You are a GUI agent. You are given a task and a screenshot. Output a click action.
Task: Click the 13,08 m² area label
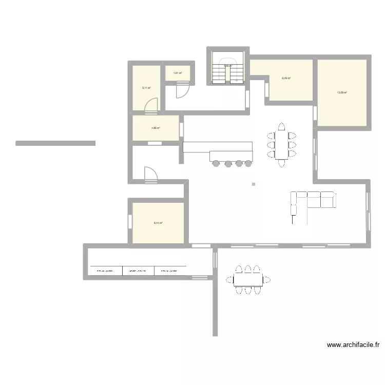(x=342, y=93)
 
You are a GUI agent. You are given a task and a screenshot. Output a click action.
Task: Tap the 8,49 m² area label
(x=286, y=79)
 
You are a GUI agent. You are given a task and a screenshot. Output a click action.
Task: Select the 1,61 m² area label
(x=178, y=73)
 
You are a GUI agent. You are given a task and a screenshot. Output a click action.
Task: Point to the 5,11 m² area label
(x=146, y=88)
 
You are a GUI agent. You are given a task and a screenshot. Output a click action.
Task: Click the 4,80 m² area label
(x=156, y=128)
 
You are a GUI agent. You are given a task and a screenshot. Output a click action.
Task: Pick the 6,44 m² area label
(x=158, y=223)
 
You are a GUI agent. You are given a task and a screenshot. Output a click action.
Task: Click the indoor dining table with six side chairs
(x=281, y=144)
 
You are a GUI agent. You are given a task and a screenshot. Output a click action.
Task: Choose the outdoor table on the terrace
(x=248, y=279)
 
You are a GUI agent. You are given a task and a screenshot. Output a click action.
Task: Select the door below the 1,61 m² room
(x=182, y=91)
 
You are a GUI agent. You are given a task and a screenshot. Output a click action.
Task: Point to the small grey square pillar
(x=254, y=184)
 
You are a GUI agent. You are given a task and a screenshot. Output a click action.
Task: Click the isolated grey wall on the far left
(x=55, y=143)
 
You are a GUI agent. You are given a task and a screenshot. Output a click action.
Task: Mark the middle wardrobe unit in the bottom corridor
(x=138, y=270)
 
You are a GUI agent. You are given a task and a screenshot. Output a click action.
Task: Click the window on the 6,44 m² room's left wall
(x=130, y=221)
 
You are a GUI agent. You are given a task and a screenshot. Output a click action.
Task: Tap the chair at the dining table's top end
(x=281, y=126)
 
